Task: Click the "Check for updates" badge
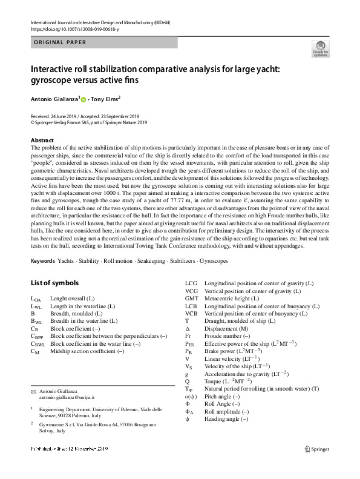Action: coord(320,49)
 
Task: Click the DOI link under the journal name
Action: coord(71,28)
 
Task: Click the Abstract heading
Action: coord(41,140)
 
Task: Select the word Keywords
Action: coord(44,260)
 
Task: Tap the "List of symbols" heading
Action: coord(55,283)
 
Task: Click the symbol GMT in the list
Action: coord(192,299)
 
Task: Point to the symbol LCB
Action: coord(191,306)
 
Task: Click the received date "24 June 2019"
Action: coord(62,116)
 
